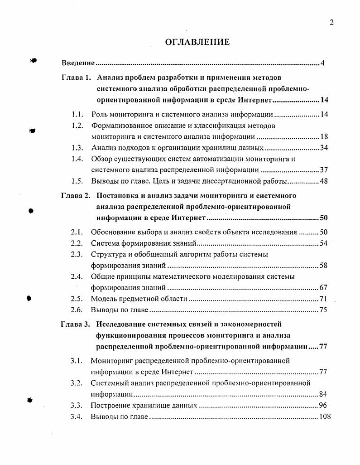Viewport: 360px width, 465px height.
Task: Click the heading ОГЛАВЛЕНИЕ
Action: click(197, 42)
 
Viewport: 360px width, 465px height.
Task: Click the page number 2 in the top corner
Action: click(331, 23)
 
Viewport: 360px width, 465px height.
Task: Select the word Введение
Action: click(78, 63)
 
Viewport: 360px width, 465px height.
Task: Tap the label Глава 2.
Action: click(76, 196)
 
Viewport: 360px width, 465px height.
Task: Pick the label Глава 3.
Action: click(76, 324)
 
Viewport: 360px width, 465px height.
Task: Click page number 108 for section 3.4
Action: click(325, 417)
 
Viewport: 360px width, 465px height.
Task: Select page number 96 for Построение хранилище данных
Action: click(322, 405)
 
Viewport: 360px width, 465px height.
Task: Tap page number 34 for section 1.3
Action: click(324, 148)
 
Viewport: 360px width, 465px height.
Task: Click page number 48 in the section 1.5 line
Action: click(323, 181)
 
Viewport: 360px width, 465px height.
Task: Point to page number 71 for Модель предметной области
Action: click(323, 299)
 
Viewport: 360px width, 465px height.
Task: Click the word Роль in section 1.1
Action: click(100, 115)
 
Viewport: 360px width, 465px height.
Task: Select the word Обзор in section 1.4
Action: click(101, 159)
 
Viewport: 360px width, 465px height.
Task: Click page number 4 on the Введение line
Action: click(322, 63)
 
